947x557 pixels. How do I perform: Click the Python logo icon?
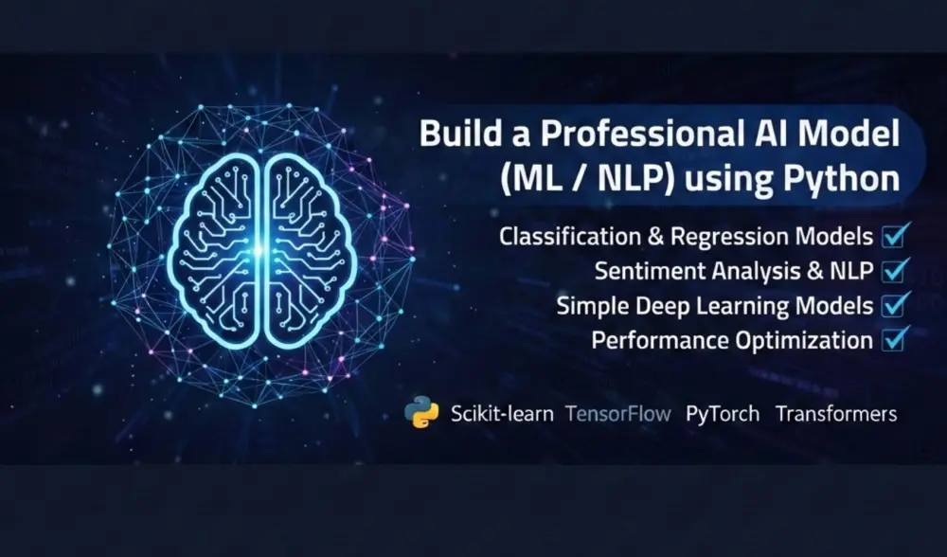click(420, 413)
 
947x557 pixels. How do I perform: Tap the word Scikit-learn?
click(502, 414)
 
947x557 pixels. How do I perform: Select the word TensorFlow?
click(618, 414)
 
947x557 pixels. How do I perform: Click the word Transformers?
click(836, 414)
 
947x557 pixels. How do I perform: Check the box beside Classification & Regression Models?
click(896, 235)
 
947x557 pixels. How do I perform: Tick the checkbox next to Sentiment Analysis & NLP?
click(896, 270)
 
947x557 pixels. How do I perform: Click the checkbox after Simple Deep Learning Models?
click(896, 305)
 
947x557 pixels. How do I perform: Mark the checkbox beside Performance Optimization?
click(896, 339)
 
